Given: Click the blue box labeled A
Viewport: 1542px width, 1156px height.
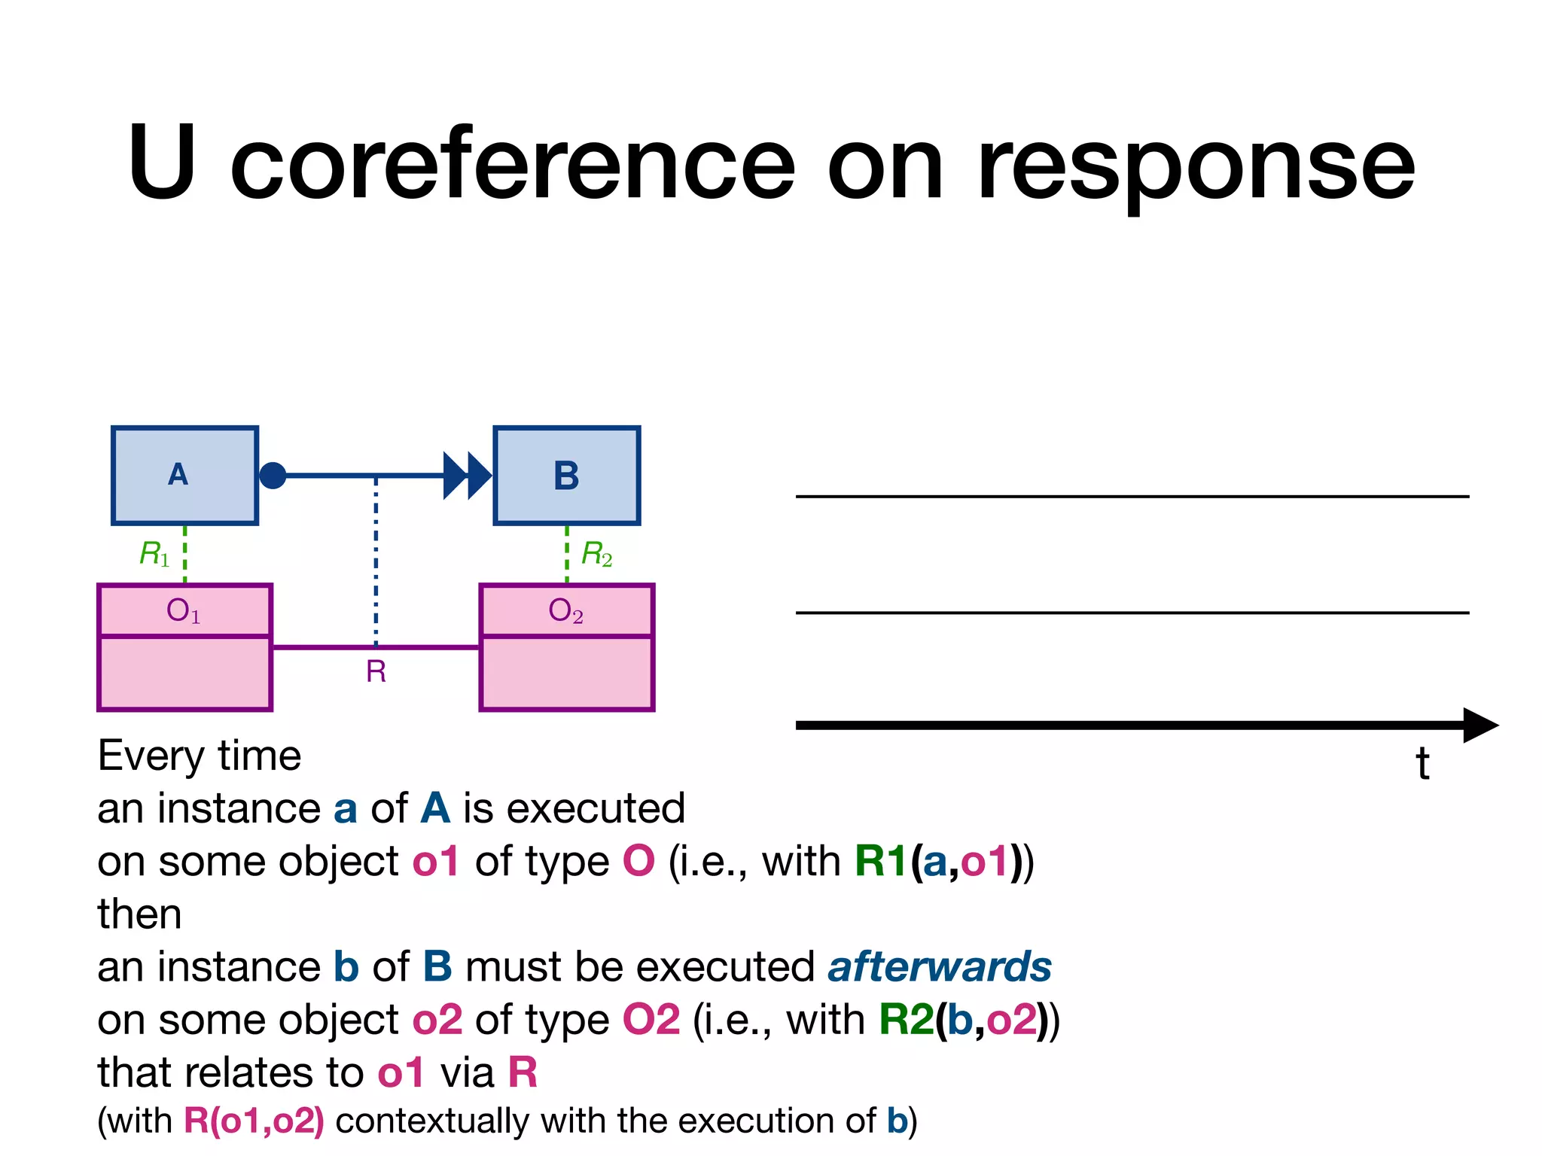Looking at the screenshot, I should click(184, 475).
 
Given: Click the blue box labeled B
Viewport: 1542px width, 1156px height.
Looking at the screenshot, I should click(566, 475).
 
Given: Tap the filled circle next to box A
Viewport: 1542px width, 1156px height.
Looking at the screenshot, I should click(273, 476).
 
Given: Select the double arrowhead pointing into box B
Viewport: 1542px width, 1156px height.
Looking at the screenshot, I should click(467, 476).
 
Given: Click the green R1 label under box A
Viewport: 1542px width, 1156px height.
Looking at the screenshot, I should click(154, 554).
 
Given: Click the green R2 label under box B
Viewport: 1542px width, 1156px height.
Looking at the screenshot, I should click(597, 554).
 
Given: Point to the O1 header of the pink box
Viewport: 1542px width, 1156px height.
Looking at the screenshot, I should click(184, 610).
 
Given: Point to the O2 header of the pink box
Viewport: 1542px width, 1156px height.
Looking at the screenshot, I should click(566, 610).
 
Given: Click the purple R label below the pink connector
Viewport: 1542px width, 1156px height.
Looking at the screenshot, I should click(376, 671).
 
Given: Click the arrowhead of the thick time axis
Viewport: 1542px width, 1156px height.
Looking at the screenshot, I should click(1480, 725).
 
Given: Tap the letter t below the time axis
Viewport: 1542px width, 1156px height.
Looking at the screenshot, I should click(1422, 763).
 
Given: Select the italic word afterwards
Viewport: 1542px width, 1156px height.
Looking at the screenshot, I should click(939, 966).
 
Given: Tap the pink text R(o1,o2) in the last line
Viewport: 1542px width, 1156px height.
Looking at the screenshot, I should click(254, 1121).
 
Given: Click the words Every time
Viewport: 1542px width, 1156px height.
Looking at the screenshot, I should click(200, 756).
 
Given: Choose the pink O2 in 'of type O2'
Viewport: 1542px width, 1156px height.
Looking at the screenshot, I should click(651, 1020).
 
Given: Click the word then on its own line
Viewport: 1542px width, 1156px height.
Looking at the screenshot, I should click(139, 914).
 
